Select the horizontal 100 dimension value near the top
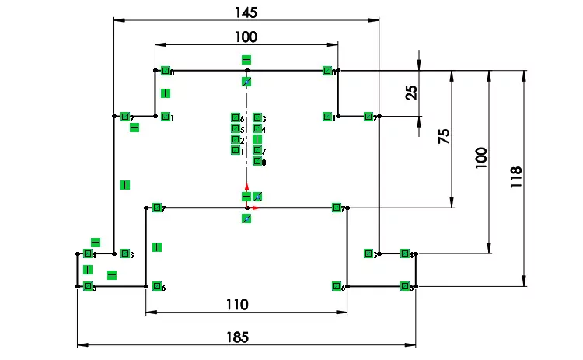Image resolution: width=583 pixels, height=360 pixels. tap(246, 37)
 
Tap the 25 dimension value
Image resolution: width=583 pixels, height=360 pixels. tap(412, 93)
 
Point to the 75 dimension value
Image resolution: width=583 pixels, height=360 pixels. tap(445, 138)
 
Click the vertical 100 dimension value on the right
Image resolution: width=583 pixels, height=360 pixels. tap(481, 158)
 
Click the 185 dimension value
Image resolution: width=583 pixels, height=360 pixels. tap(238, 337)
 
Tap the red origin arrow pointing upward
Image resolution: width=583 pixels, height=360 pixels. tap(246, 189)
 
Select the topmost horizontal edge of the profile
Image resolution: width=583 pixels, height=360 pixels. tap(202, 70)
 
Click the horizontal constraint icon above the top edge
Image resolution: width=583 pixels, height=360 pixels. tap(246, 59)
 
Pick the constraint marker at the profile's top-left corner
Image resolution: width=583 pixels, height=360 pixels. tap(166, 71)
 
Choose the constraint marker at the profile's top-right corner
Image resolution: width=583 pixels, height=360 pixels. tap(327, 71)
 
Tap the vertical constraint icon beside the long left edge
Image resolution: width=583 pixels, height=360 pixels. tap(124, 185)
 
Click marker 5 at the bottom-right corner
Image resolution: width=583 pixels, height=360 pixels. tap(404, 286)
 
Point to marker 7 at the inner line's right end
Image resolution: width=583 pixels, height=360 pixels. tap(336, 208)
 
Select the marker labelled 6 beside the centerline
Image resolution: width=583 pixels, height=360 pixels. tap(236, 118)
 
